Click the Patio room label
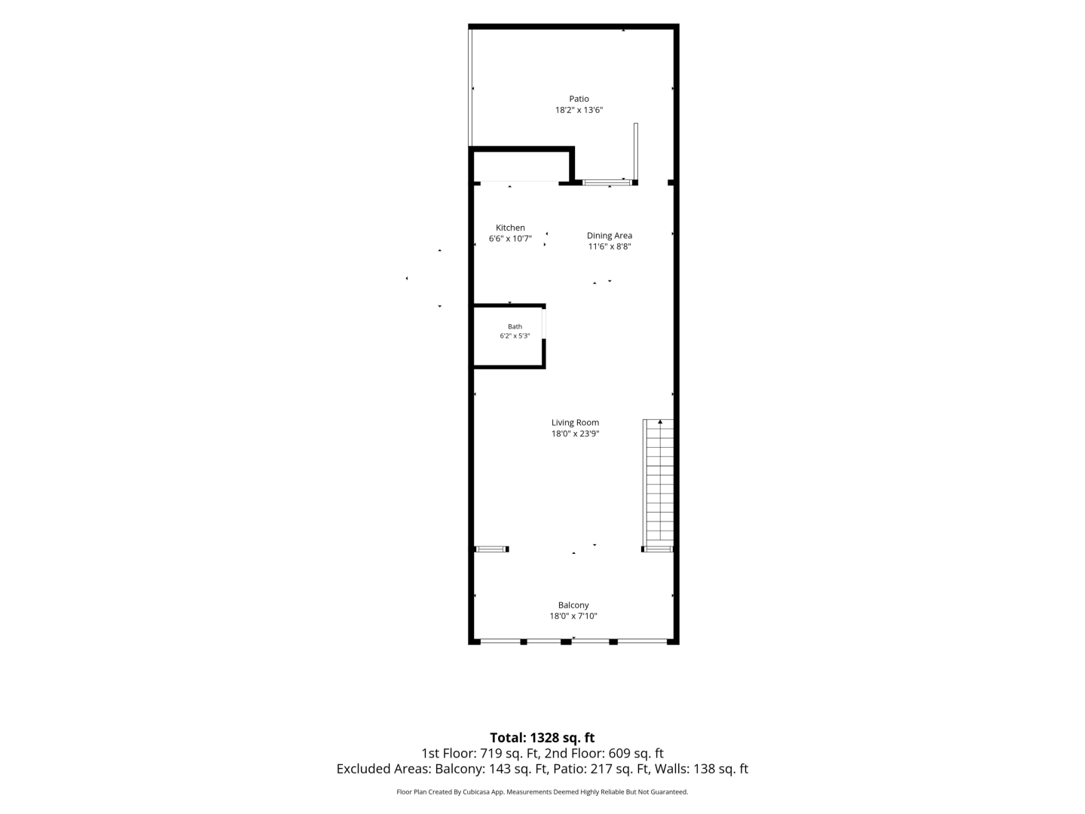[579, 99]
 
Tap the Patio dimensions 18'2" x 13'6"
[579, 110]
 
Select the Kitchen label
[510, 228]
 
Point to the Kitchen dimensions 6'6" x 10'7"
[510, 239]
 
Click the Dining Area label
[610, 236]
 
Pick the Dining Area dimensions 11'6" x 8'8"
[610, 246]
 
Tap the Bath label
[515, 326]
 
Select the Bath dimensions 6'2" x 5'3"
[515, 336]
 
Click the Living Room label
[576, 423]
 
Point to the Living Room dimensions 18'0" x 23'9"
[576, 434]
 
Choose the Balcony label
[573, 605]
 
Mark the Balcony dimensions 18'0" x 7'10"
[573, 616]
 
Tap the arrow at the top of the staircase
[660, 421]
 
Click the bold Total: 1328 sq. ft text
[542, 738]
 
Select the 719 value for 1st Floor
[489, 753]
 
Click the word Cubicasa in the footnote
[476, 791]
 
